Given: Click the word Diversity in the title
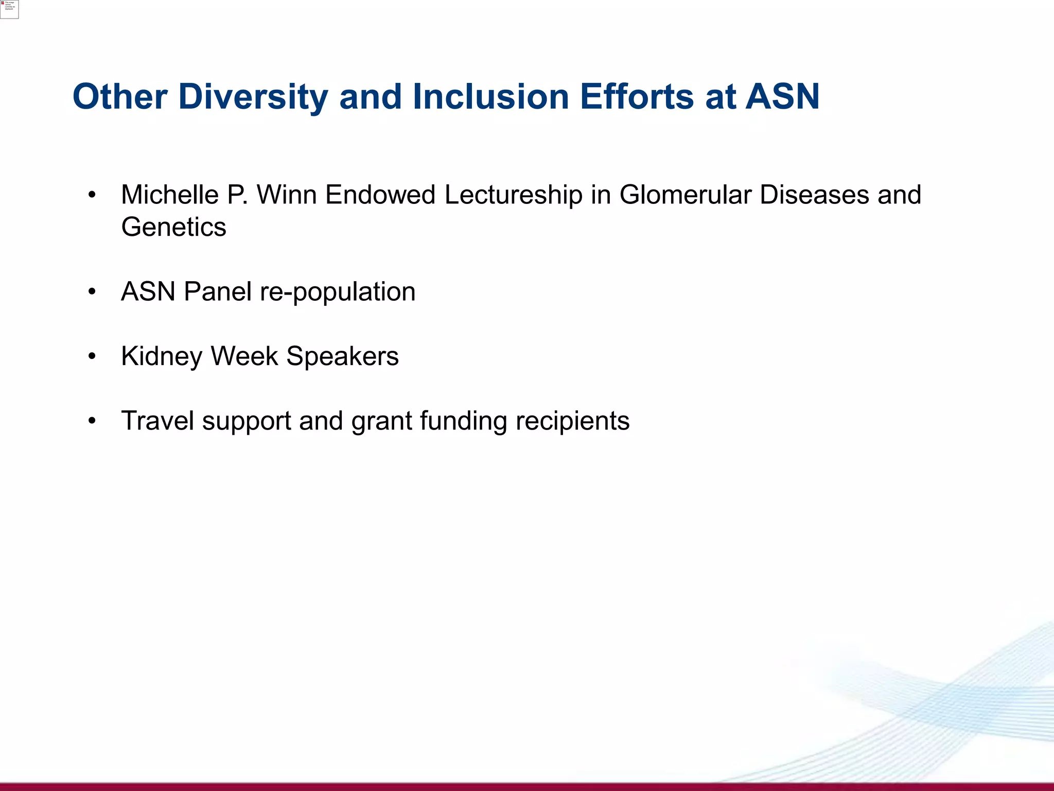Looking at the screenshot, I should click(253, 97).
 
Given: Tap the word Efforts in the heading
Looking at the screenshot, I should click(637, 97).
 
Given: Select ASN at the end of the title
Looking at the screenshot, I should click(782, 97).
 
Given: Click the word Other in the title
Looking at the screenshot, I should click(120, 97).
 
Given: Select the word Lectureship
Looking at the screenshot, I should click(513, 195).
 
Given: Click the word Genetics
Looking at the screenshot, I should click(173, 227).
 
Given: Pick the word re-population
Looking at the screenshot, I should click(338, 292).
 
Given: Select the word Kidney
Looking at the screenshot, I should click(162, 356).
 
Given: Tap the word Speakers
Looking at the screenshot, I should click(342, 356).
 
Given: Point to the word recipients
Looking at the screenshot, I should click(572, 421).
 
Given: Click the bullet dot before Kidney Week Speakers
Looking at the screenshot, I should click(92, 356).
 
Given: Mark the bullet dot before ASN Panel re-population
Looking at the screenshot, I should click(92, 292).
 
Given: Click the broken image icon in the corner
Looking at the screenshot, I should click(9, 9).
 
